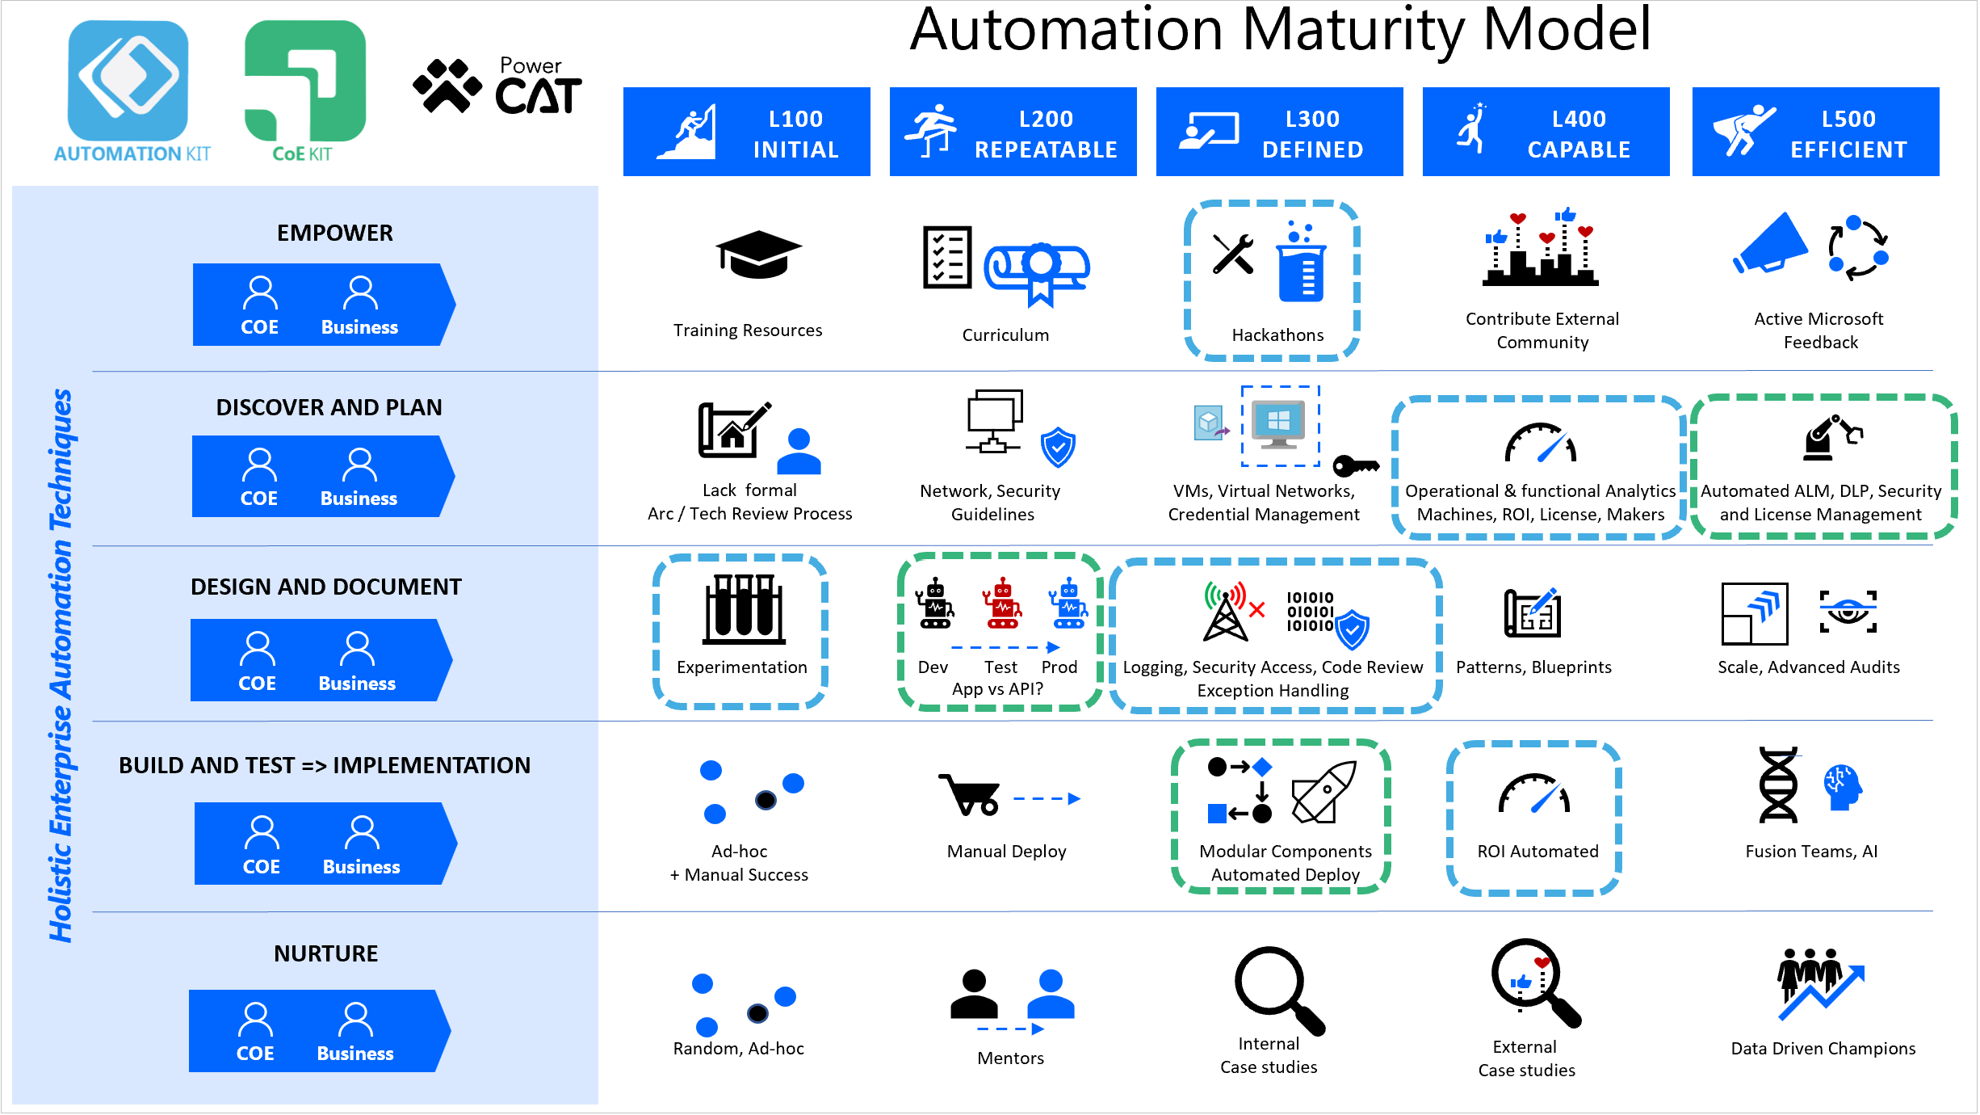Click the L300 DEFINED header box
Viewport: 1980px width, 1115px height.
coord(1279,132)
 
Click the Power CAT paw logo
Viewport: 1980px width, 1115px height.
coord(447,85)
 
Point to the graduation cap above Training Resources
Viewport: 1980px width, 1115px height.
coord(758,254)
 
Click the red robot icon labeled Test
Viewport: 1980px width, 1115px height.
coord(1002,604)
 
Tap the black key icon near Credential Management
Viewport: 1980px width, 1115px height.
coord(1355,466)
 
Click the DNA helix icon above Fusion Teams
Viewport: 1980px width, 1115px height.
coord(1778,785)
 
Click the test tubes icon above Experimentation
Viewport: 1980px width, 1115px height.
coord(744,610)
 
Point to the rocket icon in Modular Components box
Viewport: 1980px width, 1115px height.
coord(1323,792)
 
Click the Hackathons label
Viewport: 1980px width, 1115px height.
coord(1277,335)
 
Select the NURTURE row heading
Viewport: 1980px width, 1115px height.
coord(325,953)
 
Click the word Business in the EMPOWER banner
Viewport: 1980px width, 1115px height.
coord(359,327)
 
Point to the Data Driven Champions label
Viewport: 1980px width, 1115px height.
coord(1823,1049)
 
